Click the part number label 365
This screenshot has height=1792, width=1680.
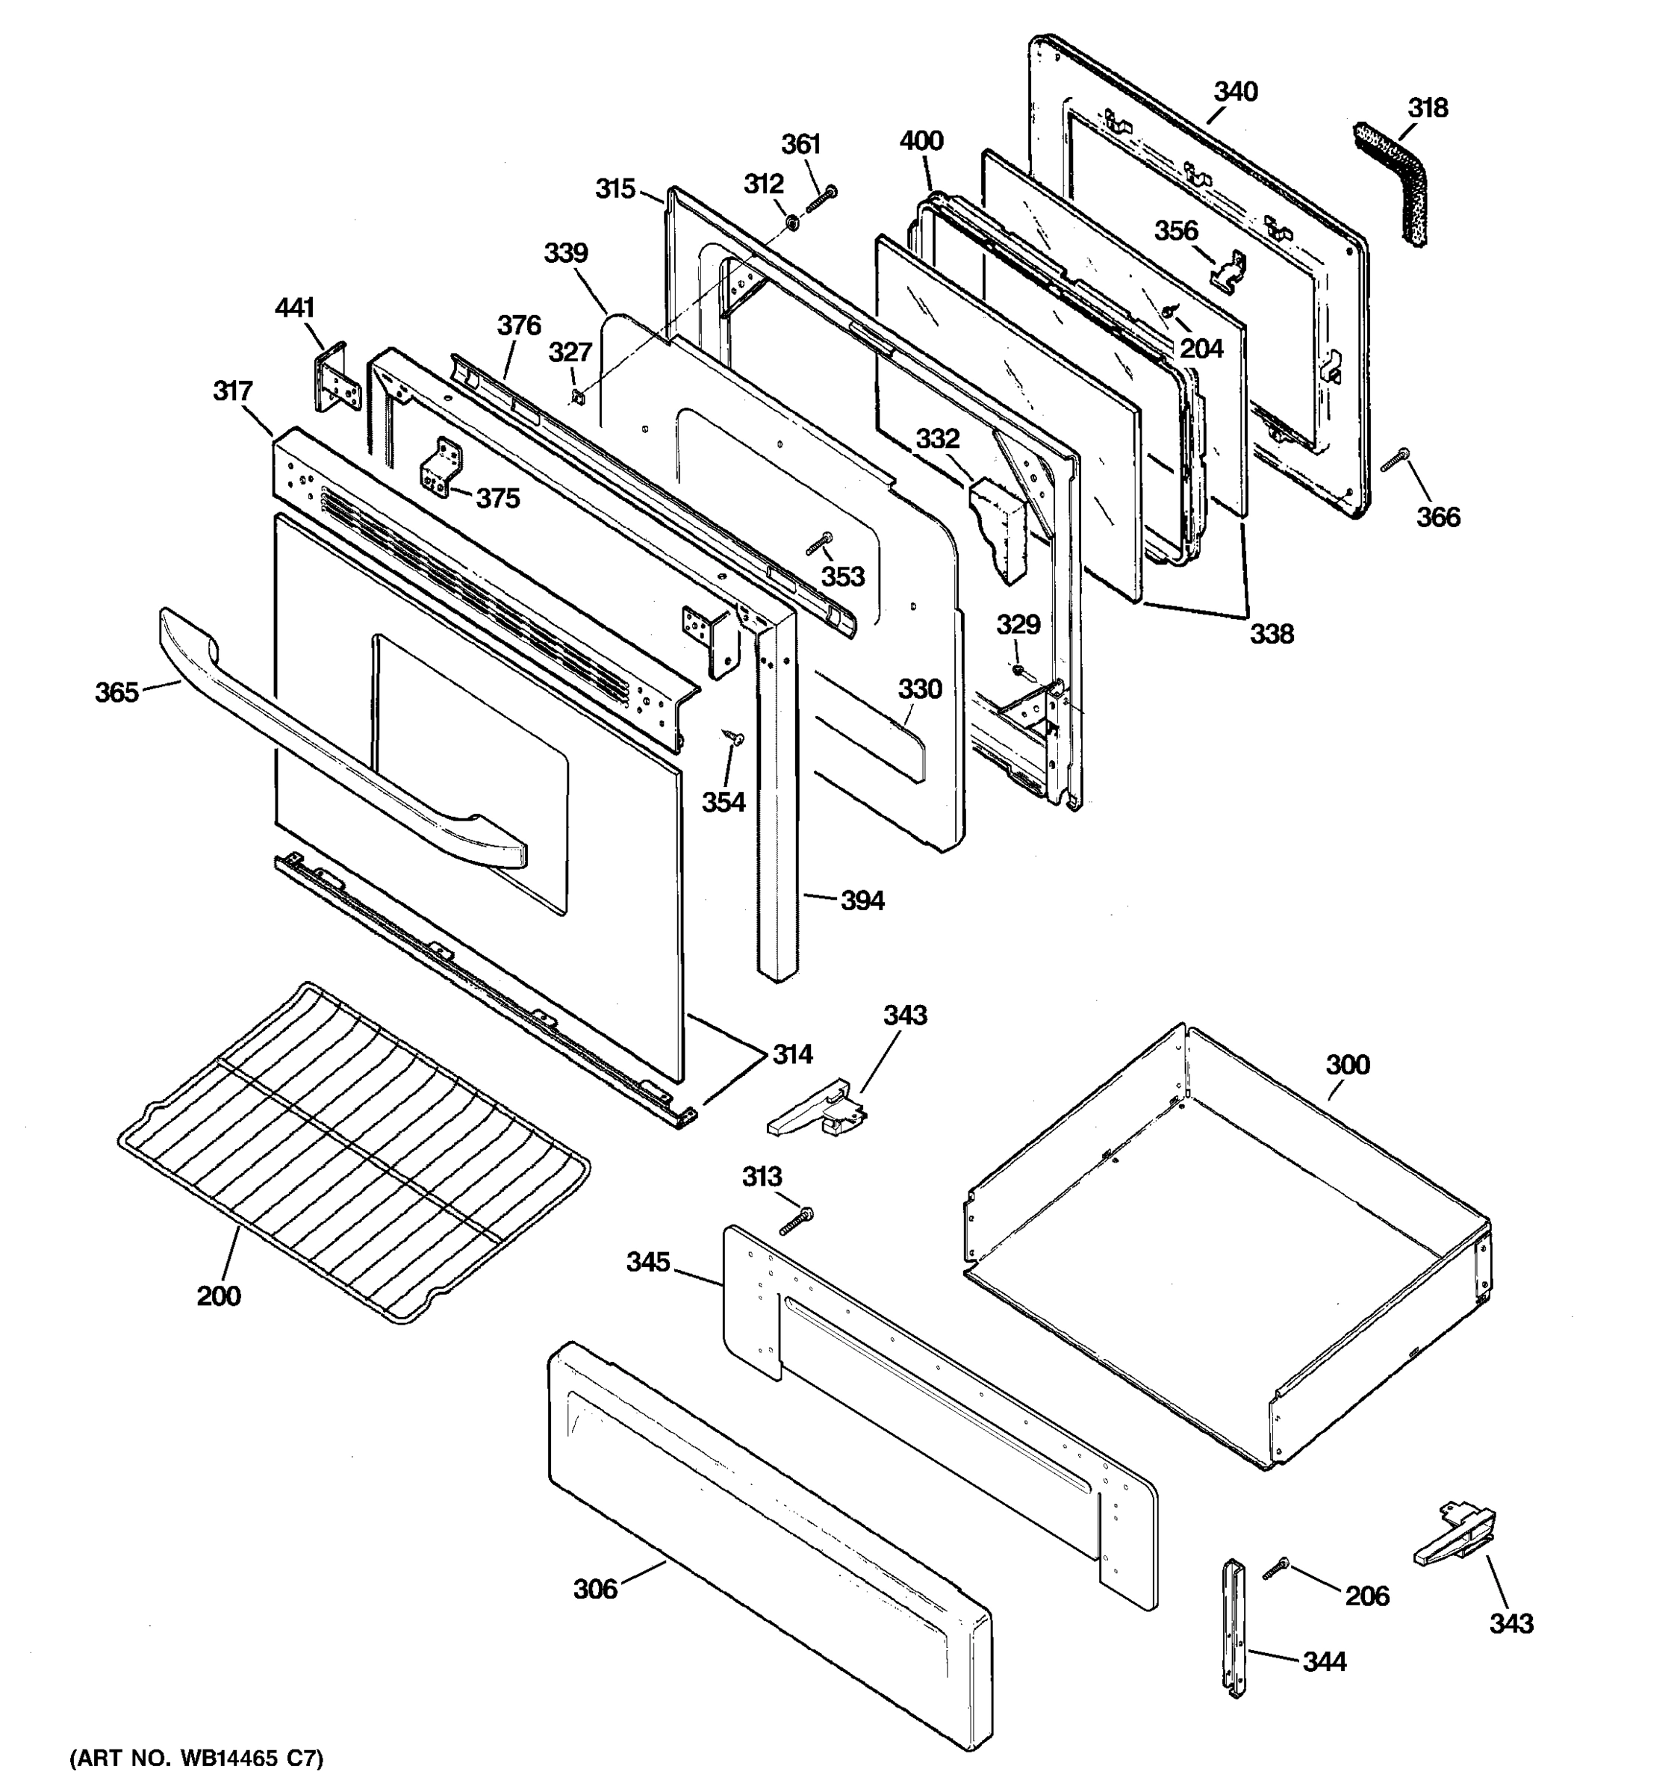[117, 692]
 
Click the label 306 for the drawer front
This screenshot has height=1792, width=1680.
[596, 1589]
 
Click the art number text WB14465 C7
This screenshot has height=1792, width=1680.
[196, 1758]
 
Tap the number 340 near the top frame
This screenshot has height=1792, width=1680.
[1235, 92]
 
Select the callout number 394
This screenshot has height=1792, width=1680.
[862, 900]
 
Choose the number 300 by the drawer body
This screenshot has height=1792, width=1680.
[1348, 1065]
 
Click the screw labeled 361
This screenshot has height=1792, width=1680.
[820, 199]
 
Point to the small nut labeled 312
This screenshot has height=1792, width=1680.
[791, 223]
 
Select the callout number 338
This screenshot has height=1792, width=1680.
[1271, 634]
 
